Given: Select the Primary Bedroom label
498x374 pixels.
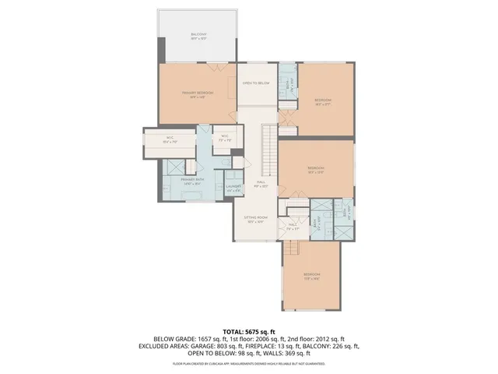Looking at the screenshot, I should [198, 94].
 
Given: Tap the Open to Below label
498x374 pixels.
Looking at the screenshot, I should [256, 83].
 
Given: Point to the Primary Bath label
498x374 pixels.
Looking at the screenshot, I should [192, 182].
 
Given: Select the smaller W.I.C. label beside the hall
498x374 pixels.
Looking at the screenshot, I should [224, 138].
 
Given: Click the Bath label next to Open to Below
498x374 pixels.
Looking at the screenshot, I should [286, 83].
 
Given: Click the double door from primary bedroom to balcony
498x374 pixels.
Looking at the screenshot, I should [198, 62].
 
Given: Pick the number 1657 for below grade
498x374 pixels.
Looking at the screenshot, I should [202, 338].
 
